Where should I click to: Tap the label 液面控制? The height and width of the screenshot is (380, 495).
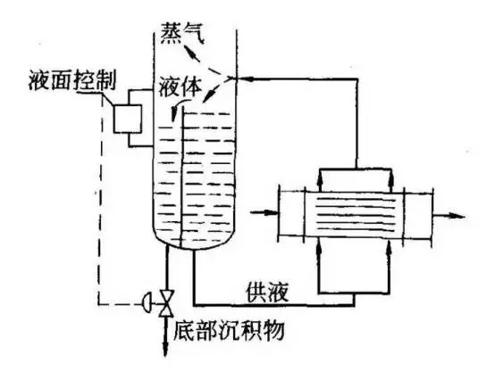(72, 79)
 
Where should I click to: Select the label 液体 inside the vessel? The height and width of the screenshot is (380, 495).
(180, 86)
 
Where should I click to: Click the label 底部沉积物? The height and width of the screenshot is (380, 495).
(230, 330)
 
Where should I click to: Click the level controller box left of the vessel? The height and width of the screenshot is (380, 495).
(128, 119)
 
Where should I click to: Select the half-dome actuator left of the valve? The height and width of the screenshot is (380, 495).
(147, 303)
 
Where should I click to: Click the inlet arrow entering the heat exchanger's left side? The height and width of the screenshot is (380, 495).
(264, 212)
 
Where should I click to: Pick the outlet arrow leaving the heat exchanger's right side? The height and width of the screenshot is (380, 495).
(449, 216)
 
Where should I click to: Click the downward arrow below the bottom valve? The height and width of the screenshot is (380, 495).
(165, 336)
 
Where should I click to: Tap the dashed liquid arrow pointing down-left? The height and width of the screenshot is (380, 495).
(218, 91)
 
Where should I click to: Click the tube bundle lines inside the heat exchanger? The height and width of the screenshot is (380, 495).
(356, 214)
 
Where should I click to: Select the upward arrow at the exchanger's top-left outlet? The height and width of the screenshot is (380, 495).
(320, 180)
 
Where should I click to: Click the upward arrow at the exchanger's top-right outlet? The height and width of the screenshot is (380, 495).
(391, 180)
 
